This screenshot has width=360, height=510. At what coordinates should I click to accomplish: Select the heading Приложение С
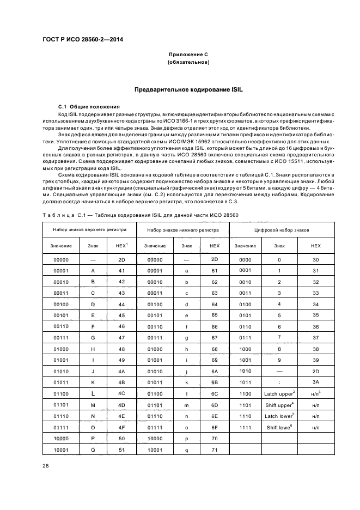188,54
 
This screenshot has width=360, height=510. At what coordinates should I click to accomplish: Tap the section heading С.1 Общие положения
89,106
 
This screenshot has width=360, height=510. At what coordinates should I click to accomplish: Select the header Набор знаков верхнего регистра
89,230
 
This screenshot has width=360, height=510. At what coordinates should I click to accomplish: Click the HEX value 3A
315,381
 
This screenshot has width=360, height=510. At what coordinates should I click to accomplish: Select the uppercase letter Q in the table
93,451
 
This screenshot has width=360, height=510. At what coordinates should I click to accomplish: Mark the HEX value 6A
215,369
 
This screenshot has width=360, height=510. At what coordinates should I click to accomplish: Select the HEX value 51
121,451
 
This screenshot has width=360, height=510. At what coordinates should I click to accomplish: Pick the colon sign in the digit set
279,381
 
